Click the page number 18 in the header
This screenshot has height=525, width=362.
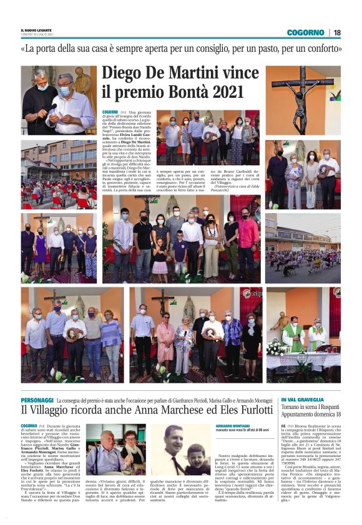click(x=337, y=32)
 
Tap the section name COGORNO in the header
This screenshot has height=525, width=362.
click(x=306, y=32)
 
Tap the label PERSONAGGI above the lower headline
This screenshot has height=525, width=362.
click(x=37, y=400)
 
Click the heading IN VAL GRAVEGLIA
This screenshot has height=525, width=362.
click(x=303, y=399)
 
